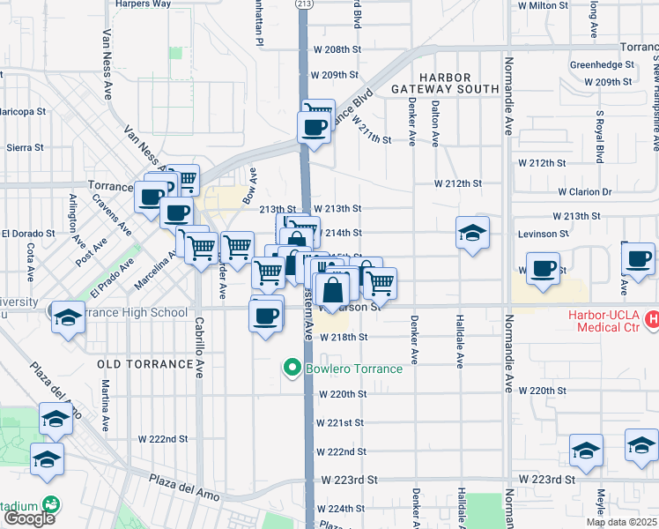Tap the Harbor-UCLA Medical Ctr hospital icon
coord(651,318)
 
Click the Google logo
coord(28,518)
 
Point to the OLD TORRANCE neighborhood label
coord(145,363)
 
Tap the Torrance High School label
coord(132,312)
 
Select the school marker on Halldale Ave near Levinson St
coord(473,234)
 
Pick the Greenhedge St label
coord(602,64)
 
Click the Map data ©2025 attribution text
coord(621,522)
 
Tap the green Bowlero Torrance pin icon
coord(292,368)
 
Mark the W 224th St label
coord(342,509)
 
